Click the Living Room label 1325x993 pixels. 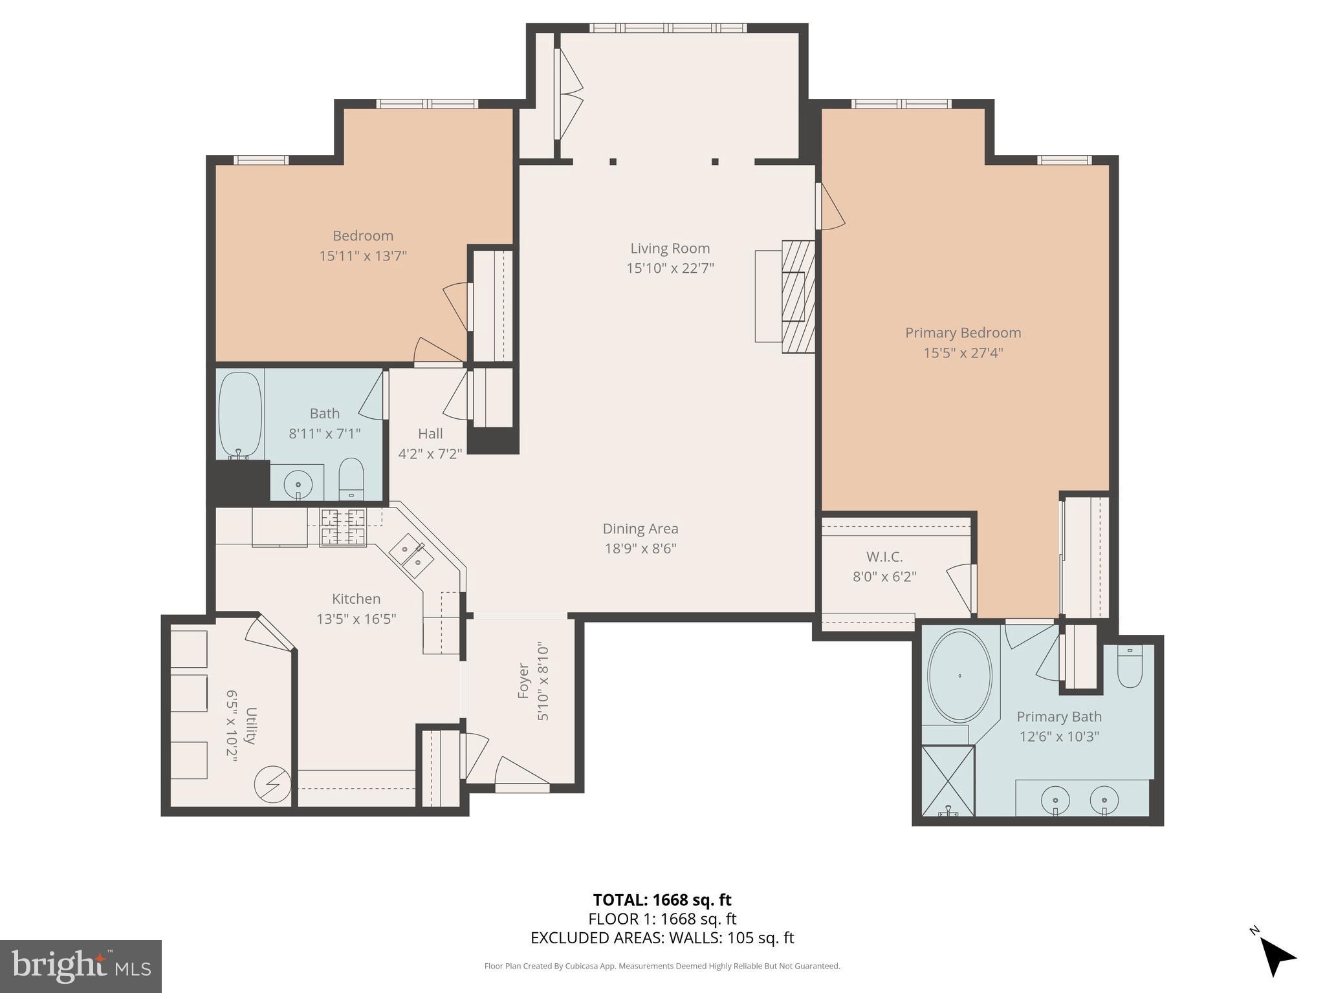point(670,248)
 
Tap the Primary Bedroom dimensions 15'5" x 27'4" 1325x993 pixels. point(963,353)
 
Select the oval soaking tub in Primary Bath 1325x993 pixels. point(959,676)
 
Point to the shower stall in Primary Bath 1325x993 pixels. point(947,780)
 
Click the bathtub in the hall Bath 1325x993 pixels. point(240,414)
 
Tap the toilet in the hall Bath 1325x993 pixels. point(351,479)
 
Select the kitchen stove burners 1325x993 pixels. point(344,527)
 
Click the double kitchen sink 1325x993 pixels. point(411,556)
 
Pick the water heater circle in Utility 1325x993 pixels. point(272,785)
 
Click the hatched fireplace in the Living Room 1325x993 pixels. point(797,297)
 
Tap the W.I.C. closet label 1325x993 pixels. point(884,557)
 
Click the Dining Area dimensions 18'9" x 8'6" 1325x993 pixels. point(640,549)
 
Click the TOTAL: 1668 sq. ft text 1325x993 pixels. point(662,900)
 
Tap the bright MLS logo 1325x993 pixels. point(81,966)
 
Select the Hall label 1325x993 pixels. point(430,434)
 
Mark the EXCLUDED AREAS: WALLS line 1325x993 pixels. point(662,937)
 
